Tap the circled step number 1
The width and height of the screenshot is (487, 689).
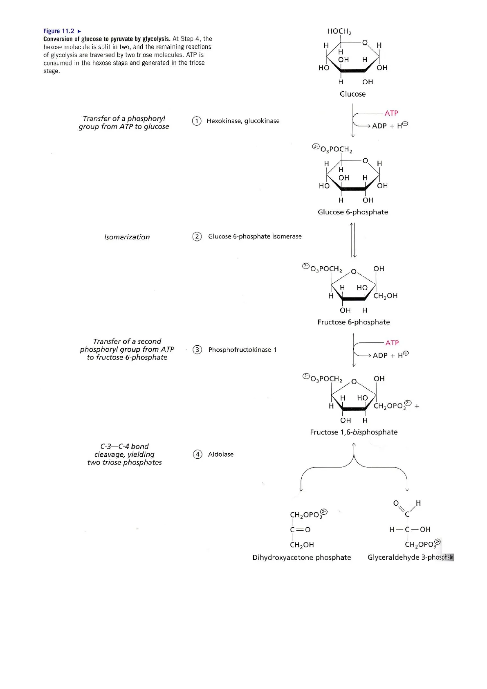click(x=197, y=121)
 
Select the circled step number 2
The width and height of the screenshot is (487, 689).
click(x=197, y=236)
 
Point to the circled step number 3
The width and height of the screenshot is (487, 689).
click(x=197, y=350)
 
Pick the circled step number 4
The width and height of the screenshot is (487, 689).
click(x=197, y=454)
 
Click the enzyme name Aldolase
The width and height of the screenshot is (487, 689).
click(x=221, y=454)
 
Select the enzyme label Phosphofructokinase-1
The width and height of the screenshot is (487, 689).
click(x=242, y=350)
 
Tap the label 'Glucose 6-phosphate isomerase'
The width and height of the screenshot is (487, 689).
click(x=255, y=236)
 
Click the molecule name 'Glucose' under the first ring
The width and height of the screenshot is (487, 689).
click(x=352, y=94)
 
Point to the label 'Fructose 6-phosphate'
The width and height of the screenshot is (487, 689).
click(x=354, y=322)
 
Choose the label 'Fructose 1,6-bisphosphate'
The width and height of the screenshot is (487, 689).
click(x=354, y=432)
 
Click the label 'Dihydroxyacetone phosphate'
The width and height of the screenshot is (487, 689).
click(x=302, y=557)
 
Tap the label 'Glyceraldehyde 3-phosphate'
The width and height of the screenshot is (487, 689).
click(x=410, y=557)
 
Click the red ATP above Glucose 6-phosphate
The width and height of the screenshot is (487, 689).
click(x=391, y=113)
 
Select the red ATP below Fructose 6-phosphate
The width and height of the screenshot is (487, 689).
click(x=392, y=343)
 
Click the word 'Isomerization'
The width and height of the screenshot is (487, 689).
click(x=127, y=237)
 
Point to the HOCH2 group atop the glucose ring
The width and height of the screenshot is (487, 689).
click(x=339, y=31)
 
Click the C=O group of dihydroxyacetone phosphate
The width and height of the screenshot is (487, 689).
click(x=300, y=530)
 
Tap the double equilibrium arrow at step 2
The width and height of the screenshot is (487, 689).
click(x=353, y=240)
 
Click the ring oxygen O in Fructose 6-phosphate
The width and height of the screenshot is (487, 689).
click(x=354, y=271)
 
